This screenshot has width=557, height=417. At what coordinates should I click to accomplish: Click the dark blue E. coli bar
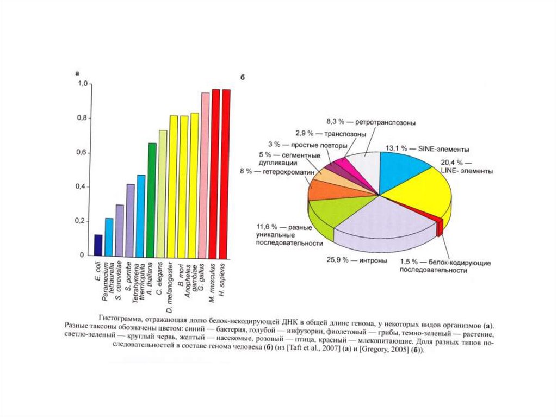tap(98, 245)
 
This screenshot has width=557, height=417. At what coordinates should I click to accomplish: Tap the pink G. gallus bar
tap(205, 175)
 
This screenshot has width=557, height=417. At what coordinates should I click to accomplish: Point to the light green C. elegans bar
tap(162, 193)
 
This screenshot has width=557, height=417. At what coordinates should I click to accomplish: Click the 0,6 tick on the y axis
tap(80, 152)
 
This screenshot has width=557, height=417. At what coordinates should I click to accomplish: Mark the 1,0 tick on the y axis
tap(80, 84)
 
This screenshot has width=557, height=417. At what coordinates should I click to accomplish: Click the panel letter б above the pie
tap(243, 78)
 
